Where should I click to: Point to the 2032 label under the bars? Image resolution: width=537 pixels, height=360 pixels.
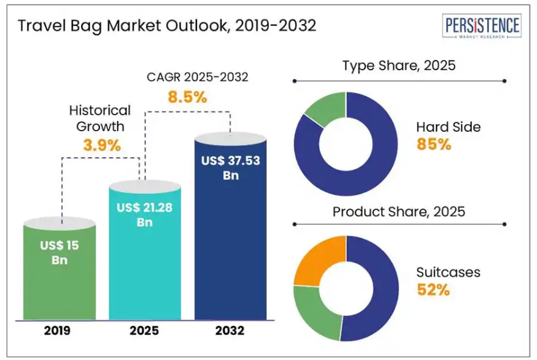[230, 331]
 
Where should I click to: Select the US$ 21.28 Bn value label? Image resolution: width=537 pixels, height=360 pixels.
[145, 215]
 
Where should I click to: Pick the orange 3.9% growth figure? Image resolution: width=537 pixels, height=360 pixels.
[101, 145]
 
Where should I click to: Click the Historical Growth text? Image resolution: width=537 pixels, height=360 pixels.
[100, 118]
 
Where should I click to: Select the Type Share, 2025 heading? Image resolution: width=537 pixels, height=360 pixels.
[399, 65]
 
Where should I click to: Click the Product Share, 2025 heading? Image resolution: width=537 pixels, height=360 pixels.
[399, 211]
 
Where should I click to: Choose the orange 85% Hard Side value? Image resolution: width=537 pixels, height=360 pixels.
[434, 145]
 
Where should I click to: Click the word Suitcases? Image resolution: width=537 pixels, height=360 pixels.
[448, 273]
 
